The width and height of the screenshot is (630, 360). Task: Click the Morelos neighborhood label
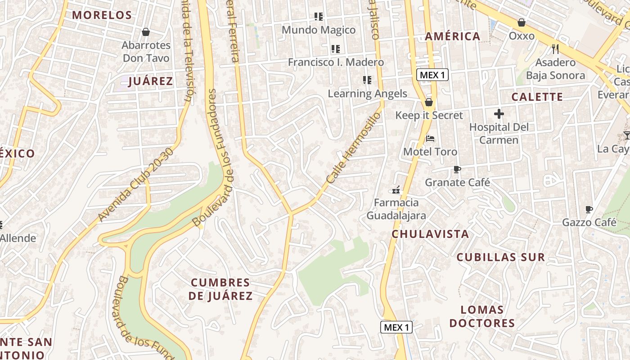(102, 15)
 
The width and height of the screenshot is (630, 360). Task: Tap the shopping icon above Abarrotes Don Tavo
(146, 32)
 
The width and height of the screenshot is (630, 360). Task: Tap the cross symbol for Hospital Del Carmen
(499, 114)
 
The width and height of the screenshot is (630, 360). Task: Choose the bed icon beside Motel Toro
(430, 139)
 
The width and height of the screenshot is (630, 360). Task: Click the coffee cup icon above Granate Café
(457, 170)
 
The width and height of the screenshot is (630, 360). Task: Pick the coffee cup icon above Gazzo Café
(589, 209)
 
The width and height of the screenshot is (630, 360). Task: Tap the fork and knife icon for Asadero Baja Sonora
(555, 49)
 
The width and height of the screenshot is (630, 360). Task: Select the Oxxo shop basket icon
(522, 22)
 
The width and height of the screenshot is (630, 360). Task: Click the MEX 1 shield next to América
(432, 75)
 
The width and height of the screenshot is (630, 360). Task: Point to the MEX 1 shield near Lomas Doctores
(396, 327)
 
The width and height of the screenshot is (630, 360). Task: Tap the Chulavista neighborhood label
(430, 234)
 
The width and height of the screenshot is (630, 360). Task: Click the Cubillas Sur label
(501, 257)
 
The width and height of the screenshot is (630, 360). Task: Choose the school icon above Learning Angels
(367, 80)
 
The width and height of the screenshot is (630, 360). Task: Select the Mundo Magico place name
(319, 30)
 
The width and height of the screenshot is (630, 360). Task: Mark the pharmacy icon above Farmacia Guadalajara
(396, 189)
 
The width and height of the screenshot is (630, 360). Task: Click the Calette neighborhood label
(537, 97)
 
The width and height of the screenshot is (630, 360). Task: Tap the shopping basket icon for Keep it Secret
(429, 102)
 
